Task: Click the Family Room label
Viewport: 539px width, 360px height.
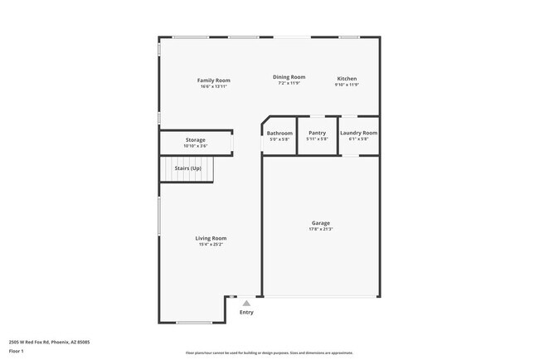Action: pyautogui.click(x=213, y=80)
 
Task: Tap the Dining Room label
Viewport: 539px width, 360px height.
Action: pyautogui.click(x=289, y=77)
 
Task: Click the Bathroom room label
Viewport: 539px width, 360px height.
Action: pyautogui.click(x=279, y=133)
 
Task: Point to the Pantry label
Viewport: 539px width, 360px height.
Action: pyautogui.click(x=317, y=133)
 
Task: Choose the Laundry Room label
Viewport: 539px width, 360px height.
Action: pyautogui.click(x=358, y=133)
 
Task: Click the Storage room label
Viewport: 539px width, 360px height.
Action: pyautogui.click(x=195, y=140)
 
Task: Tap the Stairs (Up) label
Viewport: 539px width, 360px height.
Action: pyautogui.click(x=187, y=168)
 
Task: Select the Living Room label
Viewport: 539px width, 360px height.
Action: pyautogui.click(x=211, y=238)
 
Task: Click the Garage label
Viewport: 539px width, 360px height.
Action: pyautogui.click(x=321, y=222)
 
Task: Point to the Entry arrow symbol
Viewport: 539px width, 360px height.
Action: pyautogui.click(x=246, y=304)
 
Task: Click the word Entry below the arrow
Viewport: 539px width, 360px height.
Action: pyautogui.click(x=246, y=313)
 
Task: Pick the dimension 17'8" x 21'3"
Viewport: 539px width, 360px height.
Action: pyautogui.click(x=321, y=229)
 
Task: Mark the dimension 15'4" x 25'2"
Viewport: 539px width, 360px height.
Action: pyautogui.click(x=211, y=245)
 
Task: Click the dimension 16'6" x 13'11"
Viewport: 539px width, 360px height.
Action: pyautogui.click(x=213, y=86)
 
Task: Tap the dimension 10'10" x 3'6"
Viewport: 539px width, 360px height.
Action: pyautogui.click(x=195, y=146)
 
